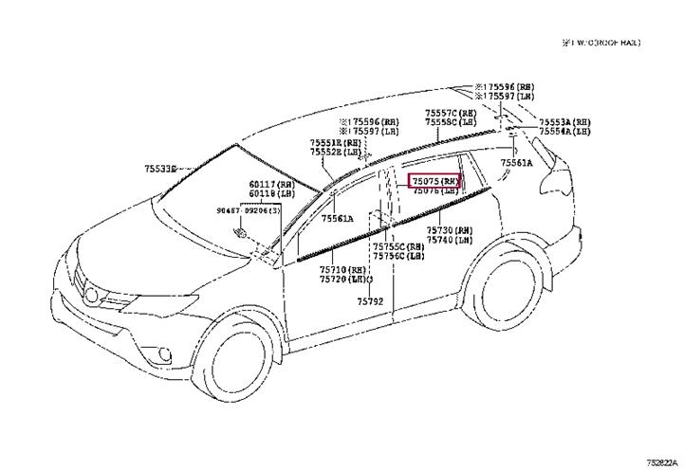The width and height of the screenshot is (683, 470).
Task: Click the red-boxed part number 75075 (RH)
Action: click(434, 180)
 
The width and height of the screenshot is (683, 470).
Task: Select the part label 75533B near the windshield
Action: click(160, 169)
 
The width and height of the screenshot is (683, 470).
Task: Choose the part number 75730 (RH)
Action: click(449, 230)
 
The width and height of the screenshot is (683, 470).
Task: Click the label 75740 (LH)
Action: click(449, 241)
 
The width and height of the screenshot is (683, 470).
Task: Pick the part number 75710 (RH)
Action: click(342, 270)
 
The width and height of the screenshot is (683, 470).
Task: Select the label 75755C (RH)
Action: click(398, 246)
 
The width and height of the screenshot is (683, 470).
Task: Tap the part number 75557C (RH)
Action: click(451, 113)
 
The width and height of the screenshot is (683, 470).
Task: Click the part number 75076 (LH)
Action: click(434, 191)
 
